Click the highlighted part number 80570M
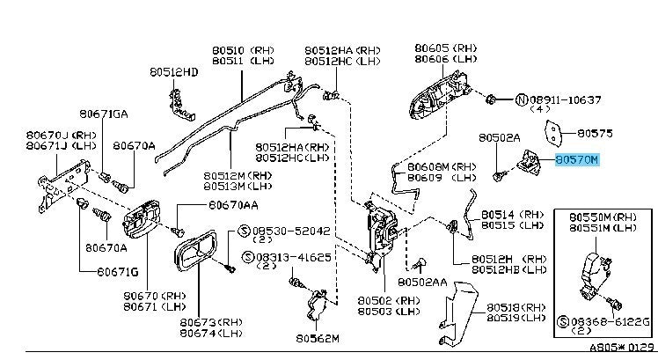pyautogui.click(x=576, y=160)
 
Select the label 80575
pyautogui.click(x=594, y=133)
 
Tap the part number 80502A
pyautogui.click(x=501, y=138)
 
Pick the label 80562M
pyautogui.click(x=318, y=338)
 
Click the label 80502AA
pyautogui.click(x=423, y=283)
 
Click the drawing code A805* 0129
pyautogui.click(x=624, y=350)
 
